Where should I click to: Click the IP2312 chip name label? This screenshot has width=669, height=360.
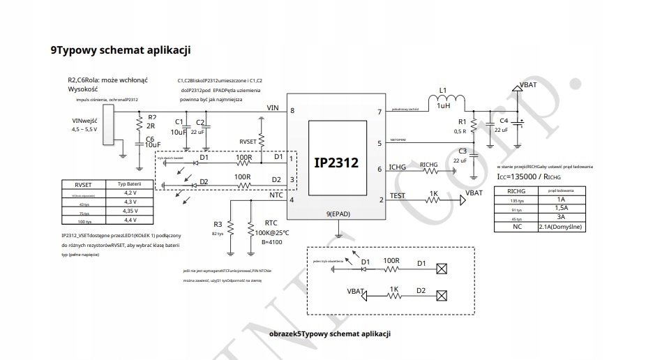click(336, 163)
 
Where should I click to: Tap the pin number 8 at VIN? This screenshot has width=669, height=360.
click(292, 111)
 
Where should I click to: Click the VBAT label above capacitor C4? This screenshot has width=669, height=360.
click(528, 85)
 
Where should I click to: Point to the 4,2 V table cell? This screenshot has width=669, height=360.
click(130, 193)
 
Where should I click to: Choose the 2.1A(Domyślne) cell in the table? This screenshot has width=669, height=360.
click(562, 227)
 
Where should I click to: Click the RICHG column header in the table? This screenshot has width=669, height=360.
click(516, 190)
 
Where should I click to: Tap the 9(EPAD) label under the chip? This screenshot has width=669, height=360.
click(338, 213)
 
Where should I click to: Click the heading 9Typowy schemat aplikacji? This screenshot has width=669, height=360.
click(121, 50)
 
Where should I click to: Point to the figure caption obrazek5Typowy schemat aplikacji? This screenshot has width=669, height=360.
click(330, 333)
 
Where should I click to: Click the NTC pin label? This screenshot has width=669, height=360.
click(276, 196)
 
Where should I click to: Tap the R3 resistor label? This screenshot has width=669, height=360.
click(218, 224)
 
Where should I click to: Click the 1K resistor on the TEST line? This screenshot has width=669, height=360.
click(433, 198)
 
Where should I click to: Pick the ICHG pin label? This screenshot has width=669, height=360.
click(397, 167)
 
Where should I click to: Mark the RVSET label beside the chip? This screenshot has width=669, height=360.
click(248, 141)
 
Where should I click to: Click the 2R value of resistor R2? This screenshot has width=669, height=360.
click(150, 126)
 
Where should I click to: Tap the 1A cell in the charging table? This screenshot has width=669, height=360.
click(562, 199)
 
